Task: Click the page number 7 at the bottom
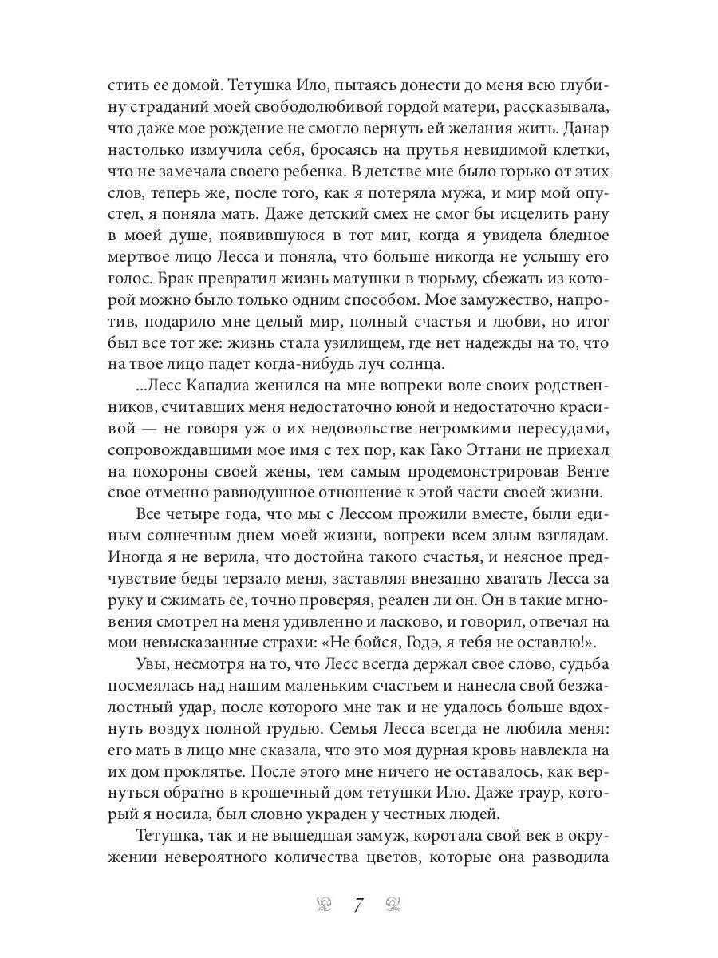[x=358, y=905]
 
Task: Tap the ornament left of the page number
[x=324, y=905]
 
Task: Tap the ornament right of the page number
[x=393, y=905]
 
